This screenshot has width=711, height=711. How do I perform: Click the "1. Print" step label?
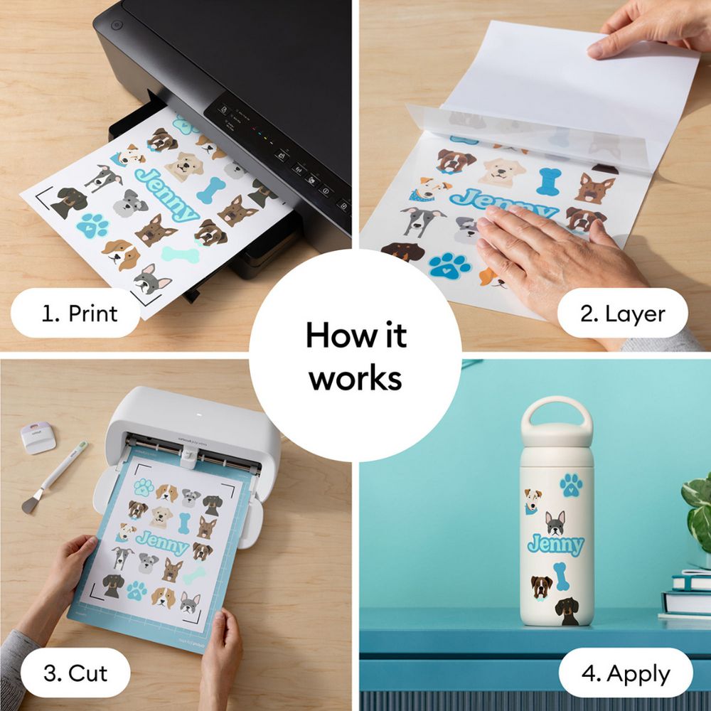click(x=80, y=314)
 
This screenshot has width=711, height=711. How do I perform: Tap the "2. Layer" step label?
click(x=622, y=314)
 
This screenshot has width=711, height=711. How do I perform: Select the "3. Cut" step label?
click(x=75, y=673)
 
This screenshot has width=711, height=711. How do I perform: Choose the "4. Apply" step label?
click(x=625, y=674)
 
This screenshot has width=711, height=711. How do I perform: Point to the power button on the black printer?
click(x=117, y=25)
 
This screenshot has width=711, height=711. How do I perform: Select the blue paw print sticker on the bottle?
click(x=571, y=485)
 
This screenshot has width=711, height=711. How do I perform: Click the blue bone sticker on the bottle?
click(x=561, y=576)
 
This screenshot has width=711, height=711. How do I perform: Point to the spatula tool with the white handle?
click(x=53, y=478)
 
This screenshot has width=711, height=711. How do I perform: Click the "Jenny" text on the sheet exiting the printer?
click(x=166, y=195)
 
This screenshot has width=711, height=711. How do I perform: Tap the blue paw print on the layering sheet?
click(x=449, y=264)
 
